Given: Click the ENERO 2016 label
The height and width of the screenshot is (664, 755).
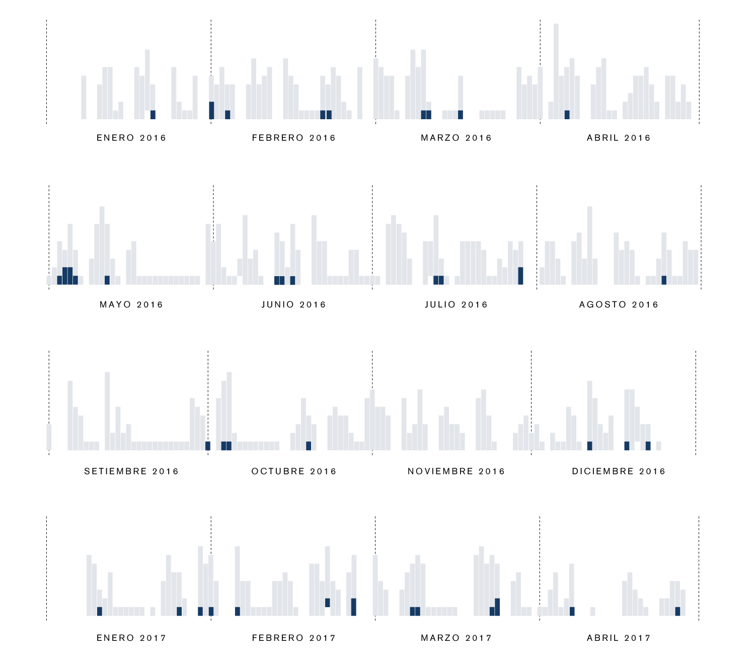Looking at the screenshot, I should [x=131, y=138].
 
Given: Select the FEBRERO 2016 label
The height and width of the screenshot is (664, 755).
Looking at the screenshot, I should [x=294, y=138].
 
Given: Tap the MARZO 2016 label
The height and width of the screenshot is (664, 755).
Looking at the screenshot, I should [x=456, y=138].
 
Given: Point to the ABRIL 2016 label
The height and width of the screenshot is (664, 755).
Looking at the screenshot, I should [x=619, y=138].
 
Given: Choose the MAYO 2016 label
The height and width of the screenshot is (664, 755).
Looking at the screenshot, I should [x=131, y=304].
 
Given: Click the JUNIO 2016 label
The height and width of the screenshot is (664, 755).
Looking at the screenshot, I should [x=294, y=304].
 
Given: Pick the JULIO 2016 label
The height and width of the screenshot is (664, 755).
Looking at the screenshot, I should [x=456, y=304].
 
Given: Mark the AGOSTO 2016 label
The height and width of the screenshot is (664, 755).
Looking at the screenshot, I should [x=619, y=304].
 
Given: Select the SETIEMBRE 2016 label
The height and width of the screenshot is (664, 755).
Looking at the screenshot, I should [x=131, y=471].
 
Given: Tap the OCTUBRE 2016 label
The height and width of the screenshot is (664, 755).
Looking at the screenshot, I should [x=294, y=471].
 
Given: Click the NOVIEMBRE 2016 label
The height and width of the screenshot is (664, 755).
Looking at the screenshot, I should [x=456, y=471].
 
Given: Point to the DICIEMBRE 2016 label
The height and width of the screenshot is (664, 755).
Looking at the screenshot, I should [x=619, y=471].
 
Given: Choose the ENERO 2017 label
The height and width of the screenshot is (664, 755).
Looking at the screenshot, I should [x=131, y=638].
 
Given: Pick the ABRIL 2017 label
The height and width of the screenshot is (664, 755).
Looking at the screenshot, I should [x=619, y=638].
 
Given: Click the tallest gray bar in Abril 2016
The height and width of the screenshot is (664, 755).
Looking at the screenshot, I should [x=556, y=70].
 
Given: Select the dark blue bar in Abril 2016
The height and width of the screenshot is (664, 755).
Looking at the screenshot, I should [x=567, y=115].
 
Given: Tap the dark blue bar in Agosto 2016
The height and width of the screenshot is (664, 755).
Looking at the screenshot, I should [x=664, y=280].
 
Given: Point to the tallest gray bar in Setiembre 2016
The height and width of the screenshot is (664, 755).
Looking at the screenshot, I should [x=107, y=410].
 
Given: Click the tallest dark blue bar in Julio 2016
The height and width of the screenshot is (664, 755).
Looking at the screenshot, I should [x=520, y=276].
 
